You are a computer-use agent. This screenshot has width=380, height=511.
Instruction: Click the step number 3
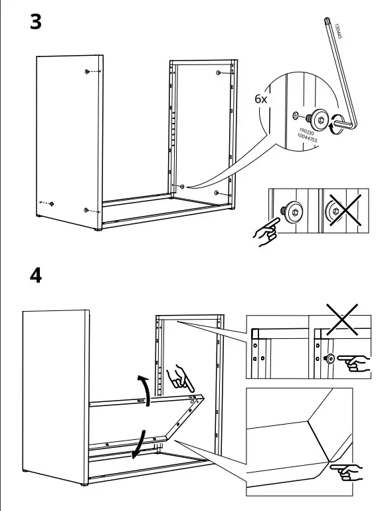(36, 21)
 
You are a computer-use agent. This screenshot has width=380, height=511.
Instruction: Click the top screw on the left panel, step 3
(88, 71)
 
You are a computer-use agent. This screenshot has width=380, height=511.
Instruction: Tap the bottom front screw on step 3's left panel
(86, 211)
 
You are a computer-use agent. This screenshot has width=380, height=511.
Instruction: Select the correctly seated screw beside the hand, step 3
(292, 210)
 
